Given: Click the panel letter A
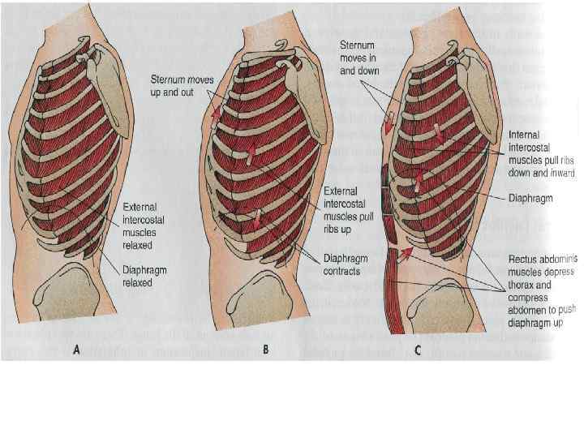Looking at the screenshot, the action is pyautogui.click(x=76, y=350).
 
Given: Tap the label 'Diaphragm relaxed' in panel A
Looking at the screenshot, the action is pyautogui.click(x=144, y=277).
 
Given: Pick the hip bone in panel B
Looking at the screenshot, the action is pyautogui.click(x=264, y=304).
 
